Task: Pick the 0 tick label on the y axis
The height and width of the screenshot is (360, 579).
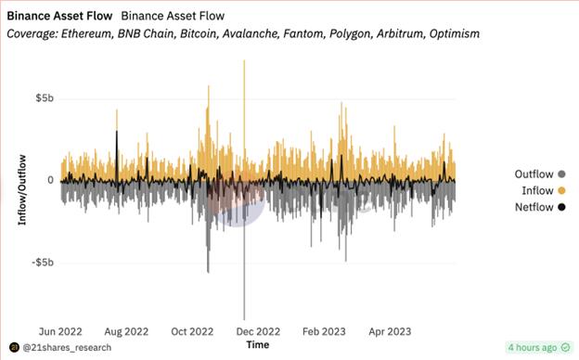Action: pyautogui.click(x=51, y=181)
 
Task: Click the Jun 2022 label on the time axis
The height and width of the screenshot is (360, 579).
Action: pyautogui.click(x=60, y=330)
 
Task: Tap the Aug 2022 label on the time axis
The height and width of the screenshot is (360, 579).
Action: pyautogui.click(x=125, y=330)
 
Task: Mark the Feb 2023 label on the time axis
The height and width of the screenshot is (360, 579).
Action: pyautogui.click(x=324, y=330)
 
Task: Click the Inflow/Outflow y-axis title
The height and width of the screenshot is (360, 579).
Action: pyautogui.click(x=22, y=190)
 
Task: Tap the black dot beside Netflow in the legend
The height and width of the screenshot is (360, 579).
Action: pyautogui.click(x=561, y=206)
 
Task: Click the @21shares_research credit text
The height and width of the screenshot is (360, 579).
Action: pyautogui.click(x=67, y=348)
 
